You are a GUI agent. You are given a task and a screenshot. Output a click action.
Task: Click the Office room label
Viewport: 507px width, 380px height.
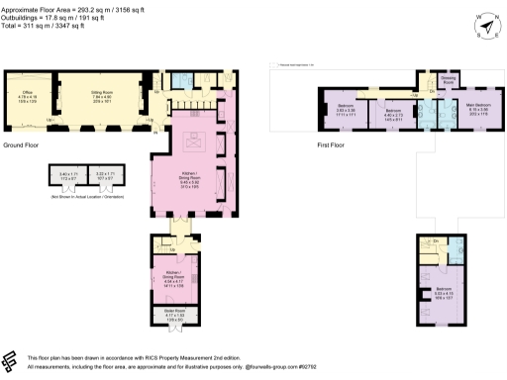pyautogui.click(x=27, y=97)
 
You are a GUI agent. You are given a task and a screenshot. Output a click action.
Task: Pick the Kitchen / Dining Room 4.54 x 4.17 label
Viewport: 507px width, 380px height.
pyautogui.click(x=174, y=280)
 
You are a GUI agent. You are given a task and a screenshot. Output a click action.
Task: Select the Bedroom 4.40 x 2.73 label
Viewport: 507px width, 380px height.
pyautogui.click(x=393, y=114)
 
